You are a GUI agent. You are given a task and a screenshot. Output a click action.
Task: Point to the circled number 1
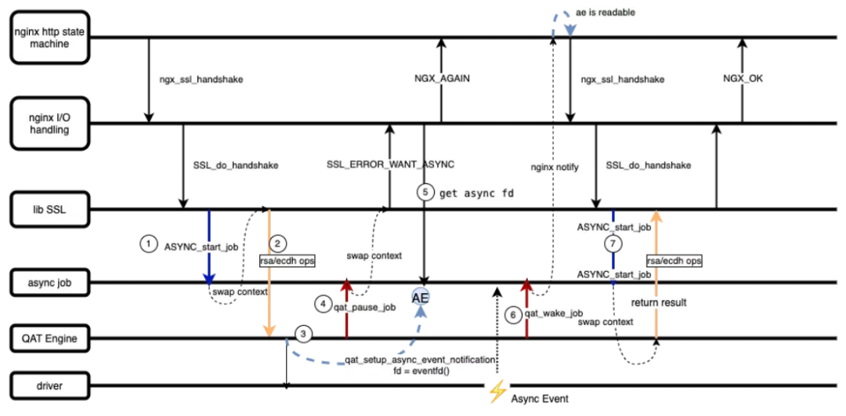point(148,244)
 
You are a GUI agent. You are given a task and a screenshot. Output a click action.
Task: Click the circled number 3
point(302,333)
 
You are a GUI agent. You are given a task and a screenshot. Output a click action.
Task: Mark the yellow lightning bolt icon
point(497,390)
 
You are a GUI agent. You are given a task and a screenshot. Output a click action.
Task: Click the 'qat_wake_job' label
point(553,313)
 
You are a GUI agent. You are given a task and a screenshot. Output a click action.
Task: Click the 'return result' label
point(660,302)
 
